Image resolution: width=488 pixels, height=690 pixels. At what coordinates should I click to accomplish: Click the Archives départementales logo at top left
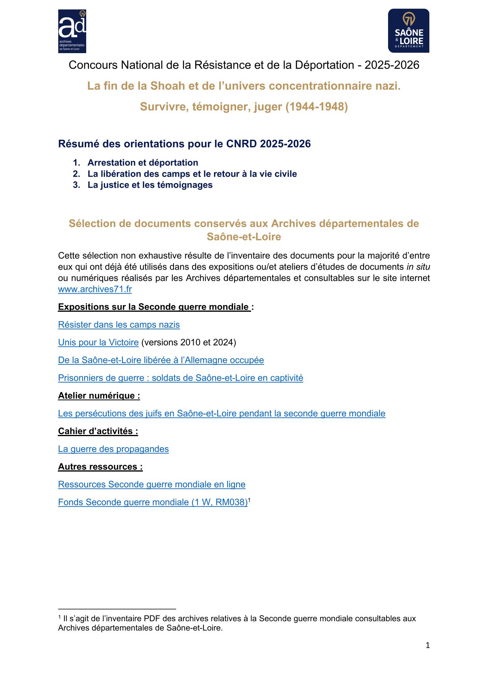72,31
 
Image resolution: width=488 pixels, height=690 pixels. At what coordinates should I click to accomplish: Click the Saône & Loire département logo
409,31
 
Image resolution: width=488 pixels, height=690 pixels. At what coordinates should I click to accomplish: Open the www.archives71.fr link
95,289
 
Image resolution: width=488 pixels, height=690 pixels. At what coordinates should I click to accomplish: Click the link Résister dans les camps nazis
119,325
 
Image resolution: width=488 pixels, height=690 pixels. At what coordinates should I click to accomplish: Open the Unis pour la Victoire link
98,342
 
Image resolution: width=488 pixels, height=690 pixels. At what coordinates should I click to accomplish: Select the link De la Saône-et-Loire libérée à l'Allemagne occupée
161,360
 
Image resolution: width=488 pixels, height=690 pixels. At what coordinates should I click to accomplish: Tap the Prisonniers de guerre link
181,378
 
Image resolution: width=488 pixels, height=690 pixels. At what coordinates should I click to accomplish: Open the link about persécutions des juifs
222,413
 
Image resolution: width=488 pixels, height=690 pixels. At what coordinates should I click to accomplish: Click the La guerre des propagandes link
113,449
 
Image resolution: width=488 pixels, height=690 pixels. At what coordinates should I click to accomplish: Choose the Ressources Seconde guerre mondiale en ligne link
152,485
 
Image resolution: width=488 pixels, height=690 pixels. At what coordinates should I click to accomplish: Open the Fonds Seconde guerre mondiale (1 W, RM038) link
153,502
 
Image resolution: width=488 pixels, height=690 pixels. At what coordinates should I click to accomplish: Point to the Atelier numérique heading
99,396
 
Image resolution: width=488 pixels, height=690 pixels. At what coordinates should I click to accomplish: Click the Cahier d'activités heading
98,431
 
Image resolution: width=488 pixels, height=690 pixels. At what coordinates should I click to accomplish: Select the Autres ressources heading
100,467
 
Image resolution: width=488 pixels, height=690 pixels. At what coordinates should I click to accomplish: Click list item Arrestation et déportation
143,163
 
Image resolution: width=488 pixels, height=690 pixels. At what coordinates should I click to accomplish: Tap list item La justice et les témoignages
150,185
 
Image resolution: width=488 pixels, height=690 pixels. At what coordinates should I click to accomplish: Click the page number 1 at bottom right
428,645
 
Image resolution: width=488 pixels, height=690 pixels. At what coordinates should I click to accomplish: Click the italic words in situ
418,267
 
